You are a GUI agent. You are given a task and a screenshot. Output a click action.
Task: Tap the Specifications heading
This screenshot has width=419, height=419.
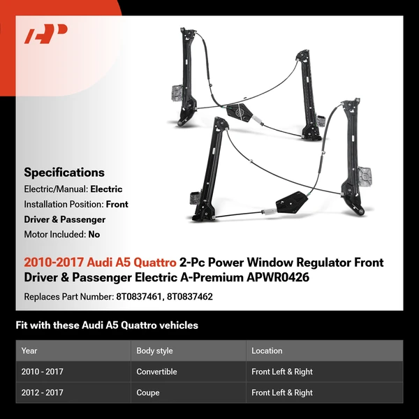coord(64,172)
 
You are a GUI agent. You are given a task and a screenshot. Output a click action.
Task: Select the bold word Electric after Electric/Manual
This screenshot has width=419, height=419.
coord(106,189)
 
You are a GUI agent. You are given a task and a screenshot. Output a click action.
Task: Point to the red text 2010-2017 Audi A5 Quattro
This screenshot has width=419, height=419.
coord(100,263)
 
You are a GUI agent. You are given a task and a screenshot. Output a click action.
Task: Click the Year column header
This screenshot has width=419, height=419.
coord(29,351)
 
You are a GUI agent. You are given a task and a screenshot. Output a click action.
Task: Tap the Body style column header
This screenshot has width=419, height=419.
coord(154,351)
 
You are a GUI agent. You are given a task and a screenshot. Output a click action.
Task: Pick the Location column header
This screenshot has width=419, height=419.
coord(267,351)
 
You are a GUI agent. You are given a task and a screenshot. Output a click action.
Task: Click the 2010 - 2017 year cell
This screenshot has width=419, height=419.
coord(43,372)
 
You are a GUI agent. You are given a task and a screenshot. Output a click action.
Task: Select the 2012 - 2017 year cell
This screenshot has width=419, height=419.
coord(43,392)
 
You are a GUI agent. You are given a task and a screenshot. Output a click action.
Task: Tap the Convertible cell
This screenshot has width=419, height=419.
coord(156,372)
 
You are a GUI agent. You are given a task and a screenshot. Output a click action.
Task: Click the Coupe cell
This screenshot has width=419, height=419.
coord(147,392)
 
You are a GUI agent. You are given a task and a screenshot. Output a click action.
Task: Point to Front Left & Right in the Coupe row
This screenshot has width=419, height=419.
coord(282,392)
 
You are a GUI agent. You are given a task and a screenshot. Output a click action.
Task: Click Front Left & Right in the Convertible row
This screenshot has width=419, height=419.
coord(282,372)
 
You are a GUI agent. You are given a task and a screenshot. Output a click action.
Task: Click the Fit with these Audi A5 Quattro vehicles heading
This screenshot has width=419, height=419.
coord(107,325)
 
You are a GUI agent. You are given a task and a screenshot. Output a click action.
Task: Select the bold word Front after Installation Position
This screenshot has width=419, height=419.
coord(117,205)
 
